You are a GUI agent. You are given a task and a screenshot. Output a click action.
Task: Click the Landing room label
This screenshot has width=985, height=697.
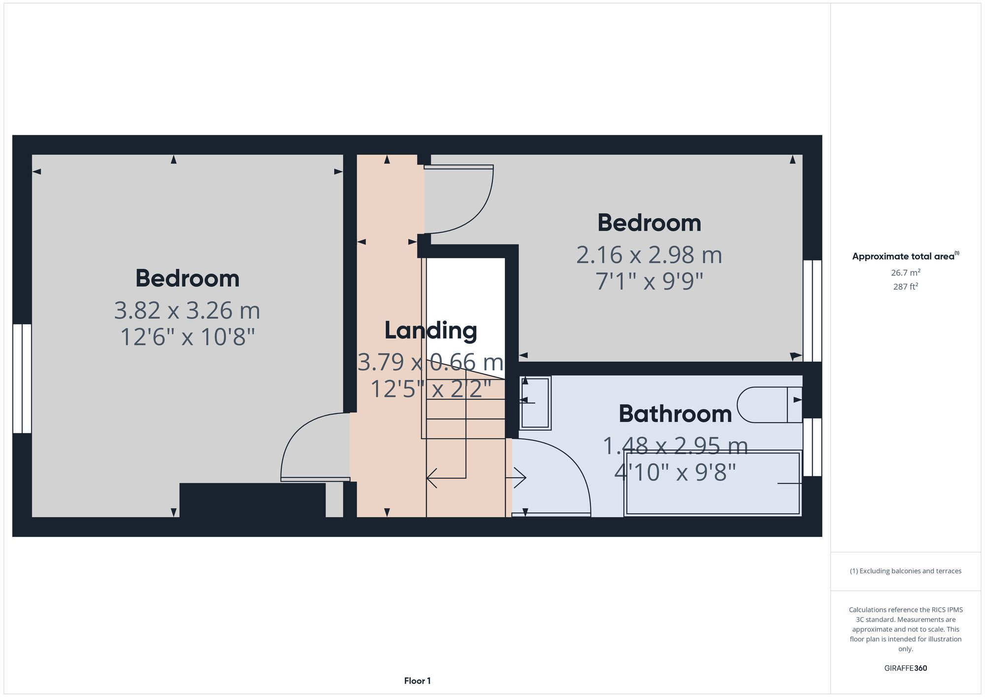430,331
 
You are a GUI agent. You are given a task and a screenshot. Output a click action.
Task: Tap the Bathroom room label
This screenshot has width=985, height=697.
675,414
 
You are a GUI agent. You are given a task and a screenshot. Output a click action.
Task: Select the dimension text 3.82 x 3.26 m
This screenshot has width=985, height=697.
187,310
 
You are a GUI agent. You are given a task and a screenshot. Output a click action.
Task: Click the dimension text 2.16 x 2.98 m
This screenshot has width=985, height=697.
649,255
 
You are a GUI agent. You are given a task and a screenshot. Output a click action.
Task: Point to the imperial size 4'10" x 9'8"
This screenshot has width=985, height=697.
675,472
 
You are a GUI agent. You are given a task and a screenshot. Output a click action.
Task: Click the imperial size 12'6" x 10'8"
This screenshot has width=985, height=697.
187,337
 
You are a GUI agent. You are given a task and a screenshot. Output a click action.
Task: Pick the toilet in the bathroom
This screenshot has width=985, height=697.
768,405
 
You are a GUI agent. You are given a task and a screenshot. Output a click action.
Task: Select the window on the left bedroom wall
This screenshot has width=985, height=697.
22,378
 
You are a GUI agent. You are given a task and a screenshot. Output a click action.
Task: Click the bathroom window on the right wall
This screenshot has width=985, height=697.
812,447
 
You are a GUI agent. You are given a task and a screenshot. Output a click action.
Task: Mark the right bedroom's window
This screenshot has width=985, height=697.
812,310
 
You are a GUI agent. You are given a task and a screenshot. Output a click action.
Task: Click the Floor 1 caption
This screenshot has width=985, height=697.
417,681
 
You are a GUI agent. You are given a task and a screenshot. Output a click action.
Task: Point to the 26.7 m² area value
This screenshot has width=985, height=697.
905,272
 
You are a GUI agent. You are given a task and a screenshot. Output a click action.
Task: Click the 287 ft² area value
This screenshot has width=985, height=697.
905,287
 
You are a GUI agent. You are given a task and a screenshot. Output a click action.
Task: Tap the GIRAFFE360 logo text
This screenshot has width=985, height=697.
905,668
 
